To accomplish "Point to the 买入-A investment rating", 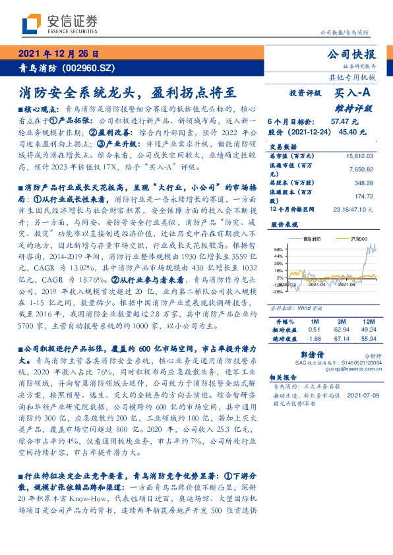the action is [x=353, y=94].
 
